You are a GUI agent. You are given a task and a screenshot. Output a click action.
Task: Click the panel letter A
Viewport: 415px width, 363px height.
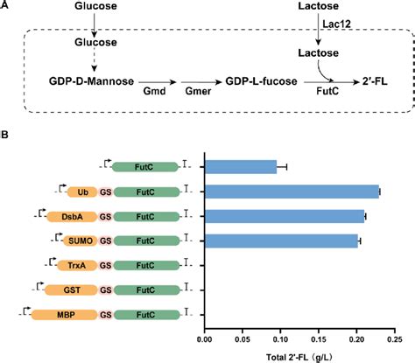point(6,6)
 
